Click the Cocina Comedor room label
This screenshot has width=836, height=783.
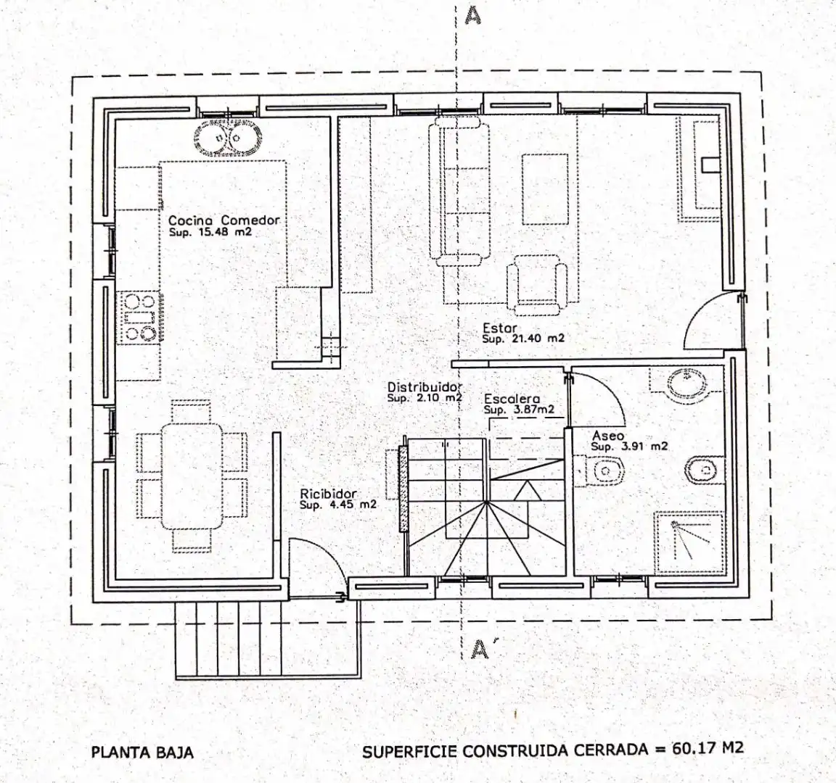[x=224, y=220]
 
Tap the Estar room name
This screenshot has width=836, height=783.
[x=499, y=328]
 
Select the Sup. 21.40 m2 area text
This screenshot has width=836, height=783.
[x=523, y=339]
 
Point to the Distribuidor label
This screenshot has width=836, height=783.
[x=425, y=387]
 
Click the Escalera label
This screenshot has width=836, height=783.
[x=512, y=399]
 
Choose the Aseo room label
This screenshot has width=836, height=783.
[x=608, y=436]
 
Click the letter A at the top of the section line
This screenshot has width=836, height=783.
[x=473, y=16]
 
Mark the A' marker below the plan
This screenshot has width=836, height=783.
[x=481, y=649]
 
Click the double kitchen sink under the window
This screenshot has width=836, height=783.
[x=228, y=137]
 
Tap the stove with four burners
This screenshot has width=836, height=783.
[x=139, y=318]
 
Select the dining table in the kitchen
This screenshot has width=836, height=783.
[x=192, y=476]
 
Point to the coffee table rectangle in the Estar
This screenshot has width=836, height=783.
[x=545, y=190]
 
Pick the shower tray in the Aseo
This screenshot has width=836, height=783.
[x=689, y=542]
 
